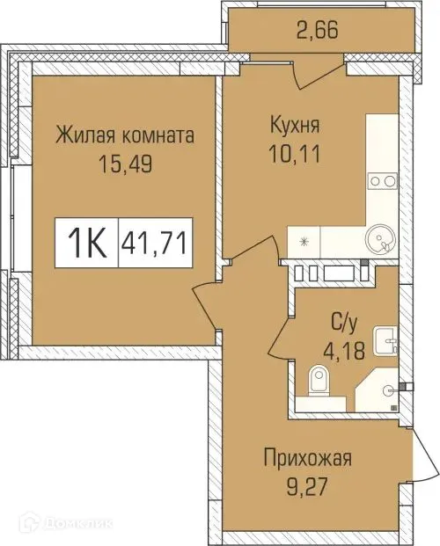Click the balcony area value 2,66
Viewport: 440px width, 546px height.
pos(317,33)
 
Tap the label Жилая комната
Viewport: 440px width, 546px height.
pos(123,136)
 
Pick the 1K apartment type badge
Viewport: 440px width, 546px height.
pos(86,240)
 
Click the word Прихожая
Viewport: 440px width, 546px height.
pos(308,458)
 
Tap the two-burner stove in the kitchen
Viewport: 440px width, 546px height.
pos(382,180)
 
